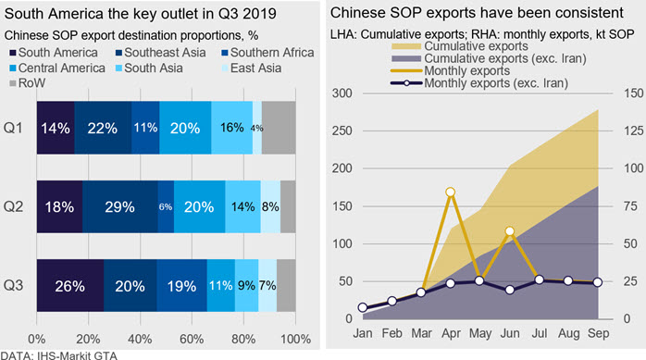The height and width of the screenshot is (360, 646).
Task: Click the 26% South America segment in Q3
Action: (70, 285)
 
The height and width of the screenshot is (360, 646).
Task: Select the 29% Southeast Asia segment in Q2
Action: (120, 206)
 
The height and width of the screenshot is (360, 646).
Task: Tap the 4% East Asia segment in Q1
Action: (257, 128)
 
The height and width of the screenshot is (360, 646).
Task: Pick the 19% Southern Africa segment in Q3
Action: (181, 285)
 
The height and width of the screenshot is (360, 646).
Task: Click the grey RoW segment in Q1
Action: (279, 128)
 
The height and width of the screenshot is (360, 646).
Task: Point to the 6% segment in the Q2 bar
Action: (166, 206)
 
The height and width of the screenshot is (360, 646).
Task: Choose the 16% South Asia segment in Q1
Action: (232, 128)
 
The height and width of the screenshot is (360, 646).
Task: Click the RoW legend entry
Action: (27, 83)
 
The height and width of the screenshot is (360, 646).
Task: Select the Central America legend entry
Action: (57, 68)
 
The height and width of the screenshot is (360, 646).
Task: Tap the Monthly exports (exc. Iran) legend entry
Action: (479, 83)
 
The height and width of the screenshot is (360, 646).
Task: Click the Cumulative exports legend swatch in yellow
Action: (406, 46)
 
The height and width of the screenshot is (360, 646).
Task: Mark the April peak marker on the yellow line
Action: (451, 192)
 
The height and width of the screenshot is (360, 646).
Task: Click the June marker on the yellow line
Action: (510, 231)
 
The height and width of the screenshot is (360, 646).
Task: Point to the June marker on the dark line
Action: (510, 290)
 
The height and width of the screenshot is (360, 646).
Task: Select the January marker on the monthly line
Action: (363, 307)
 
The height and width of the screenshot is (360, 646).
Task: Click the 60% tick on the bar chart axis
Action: (192, 339)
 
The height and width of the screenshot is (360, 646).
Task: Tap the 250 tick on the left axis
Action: (342, 131)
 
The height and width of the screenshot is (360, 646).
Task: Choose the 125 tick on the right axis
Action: (634, 131)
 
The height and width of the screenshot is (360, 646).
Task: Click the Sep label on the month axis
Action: (598, 333)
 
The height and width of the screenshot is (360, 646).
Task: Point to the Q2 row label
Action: (13, 206)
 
